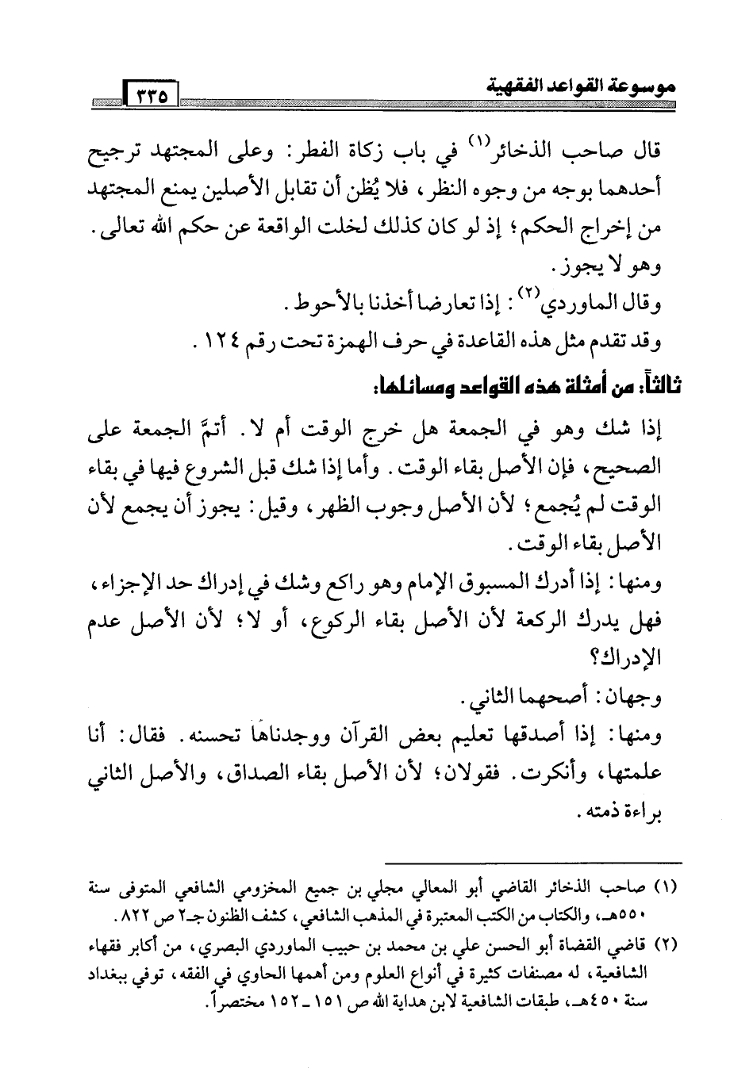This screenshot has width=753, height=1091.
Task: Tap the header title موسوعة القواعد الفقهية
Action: [x=579, y=82]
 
